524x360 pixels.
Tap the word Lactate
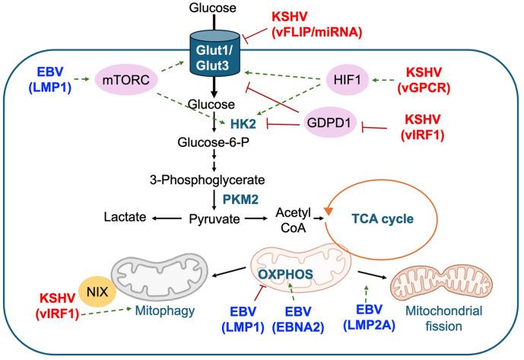[125, 218]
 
